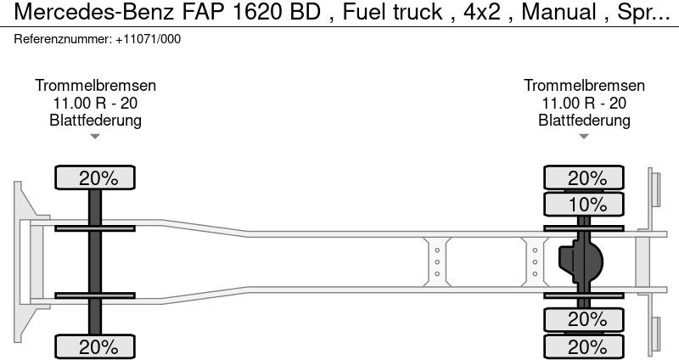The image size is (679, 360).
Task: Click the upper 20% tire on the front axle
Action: (x=95, y=178)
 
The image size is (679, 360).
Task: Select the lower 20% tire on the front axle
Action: (x=95, y=346)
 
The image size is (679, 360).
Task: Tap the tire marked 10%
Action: (x=584, y=205)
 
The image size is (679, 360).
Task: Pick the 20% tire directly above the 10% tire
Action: (x=584, y=178)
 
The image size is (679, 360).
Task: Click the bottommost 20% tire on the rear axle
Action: (x=584, y=346)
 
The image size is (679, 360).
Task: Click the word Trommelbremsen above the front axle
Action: (x=95, y=86)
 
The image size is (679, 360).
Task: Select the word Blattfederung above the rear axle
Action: (x=584, y=120)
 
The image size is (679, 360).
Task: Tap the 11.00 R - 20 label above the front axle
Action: (x=95, y=103)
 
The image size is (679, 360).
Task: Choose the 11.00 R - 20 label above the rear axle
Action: (x=584, y=103)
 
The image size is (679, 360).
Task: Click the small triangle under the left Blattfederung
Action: (x=95, y=136)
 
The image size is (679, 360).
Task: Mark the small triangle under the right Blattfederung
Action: (x=584, y=136)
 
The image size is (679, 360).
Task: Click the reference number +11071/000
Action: (x=148, y=39)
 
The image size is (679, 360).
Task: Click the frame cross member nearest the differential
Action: (x=535, y=262)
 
